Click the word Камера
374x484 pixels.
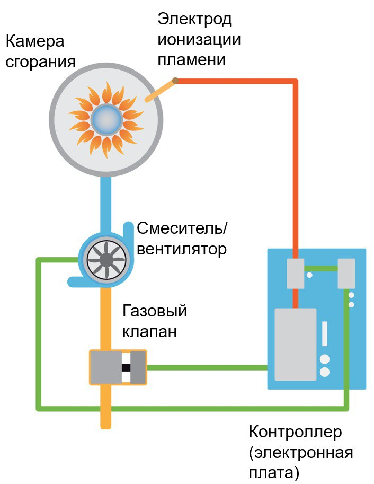(x=35, y=41)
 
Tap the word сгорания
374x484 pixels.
(x=40, y=62)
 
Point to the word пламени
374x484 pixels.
(x=191, y=59)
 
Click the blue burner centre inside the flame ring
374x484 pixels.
(x=106, y=119)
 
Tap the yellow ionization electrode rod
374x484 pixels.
(x=160, y=91)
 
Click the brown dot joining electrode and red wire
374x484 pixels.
(x=175, y=81)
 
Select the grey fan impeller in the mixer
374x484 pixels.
(x=106, y=260)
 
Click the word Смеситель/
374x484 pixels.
(x=182, y=228)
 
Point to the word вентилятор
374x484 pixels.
(x=182, y=249)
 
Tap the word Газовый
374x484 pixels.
(x=155, y=311)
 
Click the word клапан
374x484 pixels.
(x=150, y=332)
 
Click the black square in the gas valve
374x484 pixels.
(x=126, y=367)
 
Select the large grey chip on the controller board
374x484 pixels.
(x=296, y=344)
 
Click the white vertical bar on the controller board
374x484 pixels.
(x=325, y=333)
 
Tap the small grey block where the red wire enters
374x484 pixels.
(x=295, y=274)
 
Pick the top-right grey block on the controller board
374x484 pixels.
(x=346, y=274)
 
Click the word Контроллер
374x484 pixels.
(x=295, y=432)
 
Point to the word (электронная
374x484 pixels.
(x=301, y=453)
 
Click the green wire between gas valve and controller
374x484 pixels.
(x=207, y=367)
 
